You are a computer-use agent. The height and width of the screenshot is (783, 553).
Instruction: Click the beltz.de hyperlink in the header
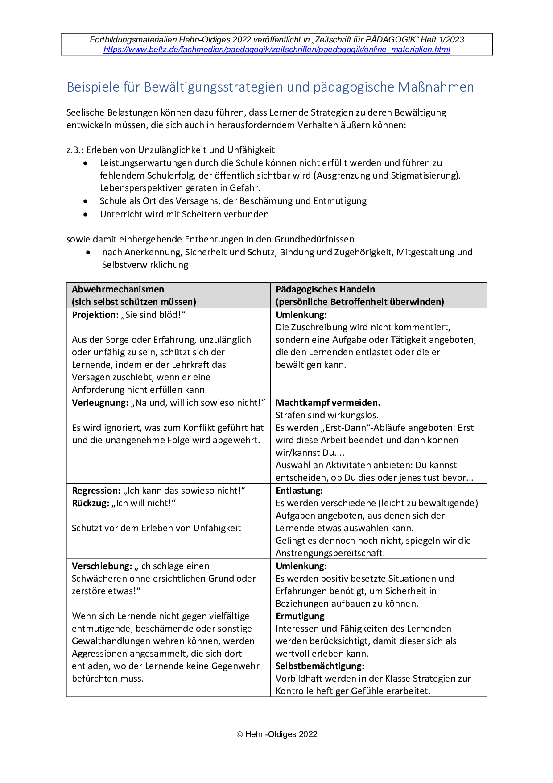click(x=276, y=50)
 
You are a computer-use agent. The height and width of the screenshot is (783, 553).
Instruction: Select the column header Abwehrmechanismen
click(x=118, y=289)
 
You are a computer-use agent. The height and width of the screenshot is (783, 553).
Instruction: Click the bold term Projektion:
click(x=95, y=315)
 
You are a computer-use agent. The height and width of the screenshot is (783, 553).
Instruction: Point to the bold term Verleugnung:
click(x=100, y=403)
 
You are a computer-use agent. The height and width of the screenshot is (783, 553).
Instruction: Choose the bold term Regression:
click(x=96, y=491)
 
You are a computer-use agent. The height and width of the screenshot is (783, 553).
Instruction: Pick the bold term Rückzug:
click(x=91, y=503)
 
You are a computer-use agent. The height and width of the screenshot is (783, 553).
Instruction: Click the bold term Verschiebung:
click(x=102, y=566)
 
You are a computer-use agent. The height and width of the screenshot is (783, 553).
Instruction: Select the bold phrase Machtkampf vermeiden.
click(x=328, y=403)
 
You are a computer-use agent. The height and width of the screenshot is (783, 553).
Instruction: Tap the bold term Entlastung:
click(x=299, y=491)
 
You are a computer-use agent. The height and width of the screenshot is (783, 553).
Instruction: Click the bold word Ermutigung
click(x=300, y=616)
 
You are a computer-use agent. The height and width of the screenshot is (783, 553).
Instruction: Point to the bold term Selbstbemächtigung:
click(x=320, y=666)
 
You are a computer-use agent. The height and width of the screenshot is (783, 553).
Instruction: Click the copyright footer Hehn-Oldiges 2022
click(x=277, y=734)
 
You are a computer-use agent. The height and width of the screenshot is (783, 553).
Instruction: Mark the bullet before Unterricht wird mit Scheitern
click(x=86, y=214)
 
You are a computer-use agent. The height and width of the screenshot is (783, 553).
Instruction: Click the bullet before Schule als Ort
click(x=86, y=201)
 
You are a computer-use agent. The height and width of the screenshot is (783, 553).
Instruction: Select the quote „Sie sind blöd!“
click(x=153, y=315)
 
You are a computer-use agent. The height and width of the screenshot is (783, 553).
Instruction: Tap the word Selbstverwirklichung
click(x=145, y=265)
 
